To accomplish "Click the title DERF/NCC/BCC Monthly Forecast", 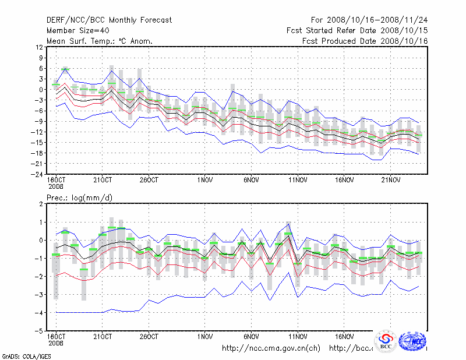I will tap(109, 20).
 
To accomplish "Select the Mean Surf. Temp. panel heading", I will tap(99, 41).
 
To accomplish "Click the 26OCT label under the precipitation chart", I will tap(149, 337).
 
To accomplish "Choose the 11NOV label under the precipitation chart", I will tap(298, 337).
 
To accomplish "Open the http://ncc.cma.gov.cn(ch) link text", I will tap(271, 348).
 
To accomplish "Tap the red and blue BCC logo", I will tap(386, 341).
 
